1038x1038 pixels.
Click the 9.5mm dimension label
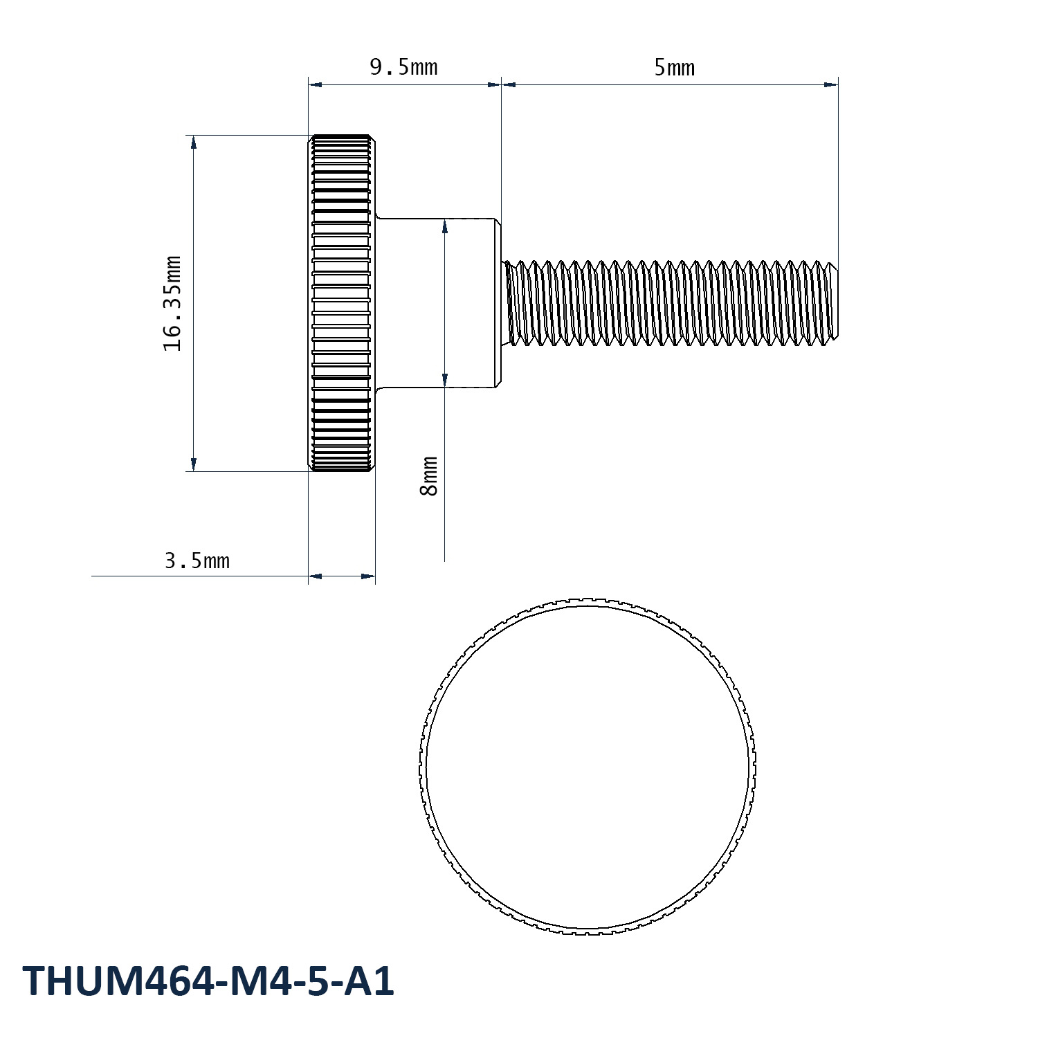403,67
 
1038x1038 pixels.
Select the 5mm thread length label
674,67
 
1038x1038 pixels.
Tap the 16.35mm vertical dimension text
172,304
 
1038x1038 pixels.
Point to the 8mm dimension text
429,476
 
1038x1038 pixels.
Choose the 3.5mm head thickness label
197,561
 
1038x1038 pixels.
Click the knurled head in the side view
342,303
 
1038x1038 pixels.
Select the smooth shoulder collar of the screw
438,303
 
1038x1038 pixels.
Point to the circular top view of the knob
588,765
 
